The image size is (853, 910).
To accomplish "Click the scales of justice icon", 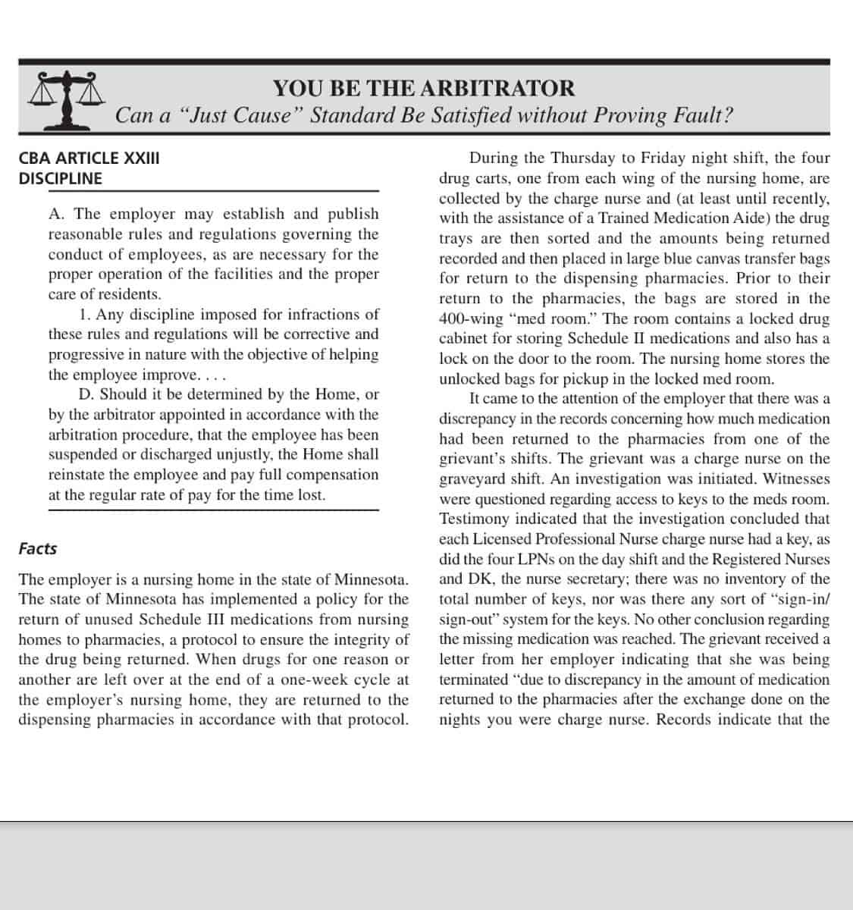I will tap(64, 99).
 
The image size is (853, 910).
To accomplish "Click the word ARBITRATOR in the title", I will tap(497, 88).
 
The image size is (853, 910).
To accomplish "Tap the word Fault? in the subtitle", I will tap(701, 116).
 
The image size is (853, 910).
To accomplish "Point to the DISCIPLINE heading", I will tap(60, 179).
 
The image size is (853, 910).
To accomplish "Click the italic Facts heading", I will tap(38, 548).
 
